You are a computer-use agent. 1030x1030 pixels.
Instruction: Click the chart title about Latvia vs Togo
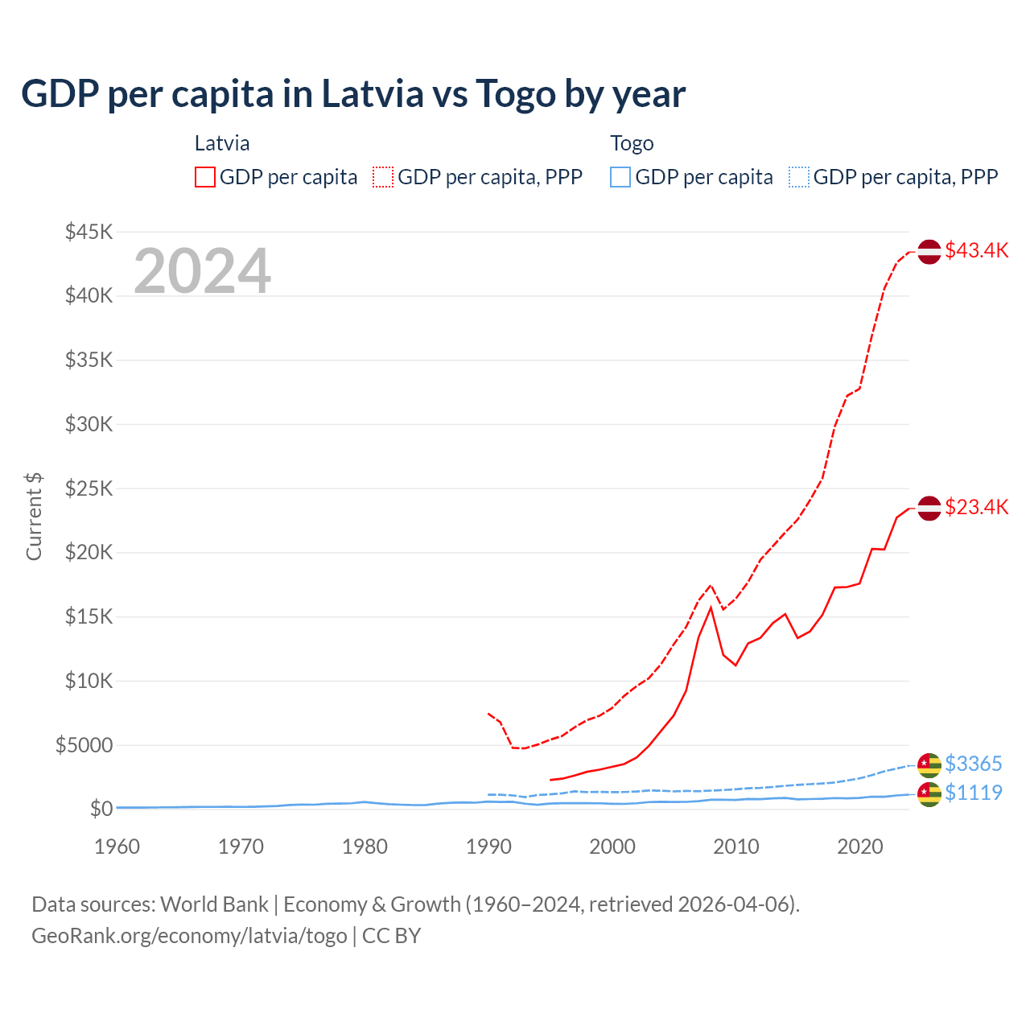353,93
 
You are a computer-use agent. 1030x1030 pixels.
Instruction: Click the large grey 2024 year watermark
202,271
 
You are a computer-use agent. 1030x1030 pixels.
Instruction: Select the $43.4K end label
976,250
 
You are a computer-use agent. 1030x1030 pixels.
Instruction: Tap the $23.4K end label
976,507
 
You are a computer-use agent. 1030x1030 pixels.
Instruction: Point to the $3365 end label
973,763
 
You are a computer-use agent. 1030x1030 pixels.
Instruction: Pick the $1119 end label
973,793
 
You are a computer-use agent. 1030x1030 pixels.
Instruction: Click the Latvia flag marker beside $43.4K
929,251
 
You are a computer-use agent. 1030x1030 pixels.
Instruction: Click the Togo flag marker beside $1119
929,794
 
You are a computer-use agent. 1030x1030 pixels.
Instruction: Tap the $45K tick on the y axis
89,233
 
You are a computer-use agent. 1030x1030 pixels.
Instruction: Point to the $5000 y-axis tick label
84,745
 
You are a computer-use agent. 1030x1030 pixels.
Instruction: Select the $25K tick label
89,488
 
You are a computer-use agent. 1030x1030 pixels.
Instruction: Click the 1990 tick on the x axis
488,847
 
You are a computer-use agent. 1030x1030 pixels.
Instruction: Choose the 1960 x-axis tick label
117,847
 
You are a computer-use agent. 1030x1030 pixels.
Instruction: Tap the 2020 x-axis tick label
859,847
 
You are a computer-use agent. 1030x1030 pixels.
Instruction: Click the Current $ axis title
34,517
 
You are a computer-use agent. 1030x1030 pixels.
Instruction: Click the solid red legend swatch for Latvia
205,177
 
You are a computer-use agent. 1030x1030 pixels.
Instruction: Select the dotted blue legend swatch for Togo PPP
799,177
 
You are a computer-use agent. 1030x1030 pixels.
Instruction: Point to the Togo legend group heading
632,143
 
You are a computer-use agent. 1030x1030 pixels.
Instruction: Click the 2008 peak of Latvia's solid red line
711,608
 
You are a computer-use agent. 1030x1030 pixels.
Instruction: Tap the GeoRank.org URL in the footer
189,936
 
